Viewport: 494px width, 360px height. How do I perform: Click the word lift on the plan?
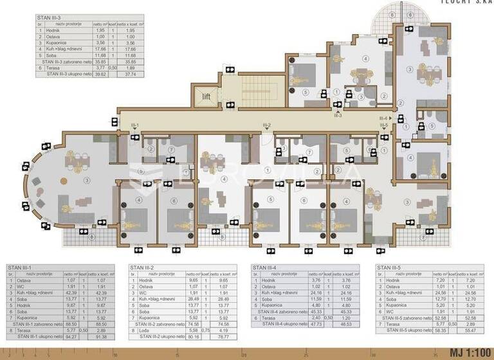pyautogui.click(x=206, y=96)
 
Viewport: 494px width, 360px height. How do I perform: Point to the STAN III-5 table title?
pyautogui.click(x=391, y=267)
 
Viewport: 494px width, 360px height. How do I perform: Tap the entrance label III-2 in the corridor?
pyautogui.click(x=266, y=125)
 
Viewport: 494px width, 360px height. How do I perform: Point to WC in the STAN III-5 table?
pyautogui.click(x=390, y=311)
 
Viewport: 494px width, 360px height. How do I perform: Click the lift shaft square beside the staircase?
pyautogui.click(x=206, y=96)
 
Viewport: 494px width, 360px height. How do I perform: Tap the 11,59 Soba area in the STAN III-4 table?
pyautogui.click(x=315, y=299)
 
